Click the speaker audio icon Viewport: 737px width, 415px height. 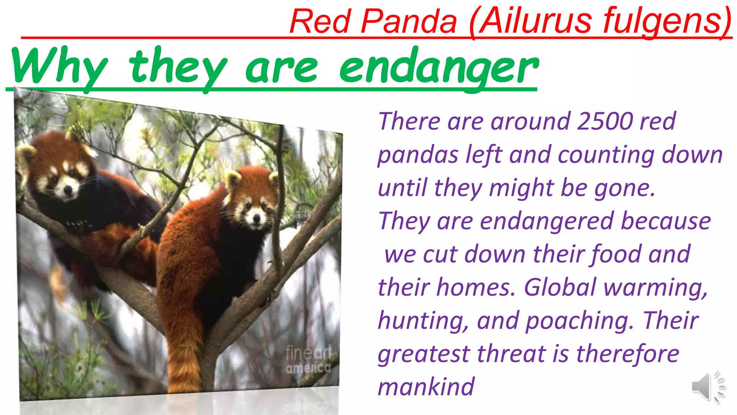pos(707,387)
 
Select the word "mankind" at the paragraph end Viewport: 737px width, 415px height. pos(426,387)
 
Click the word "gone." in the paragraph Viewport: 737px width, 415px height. pos(625,188)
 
